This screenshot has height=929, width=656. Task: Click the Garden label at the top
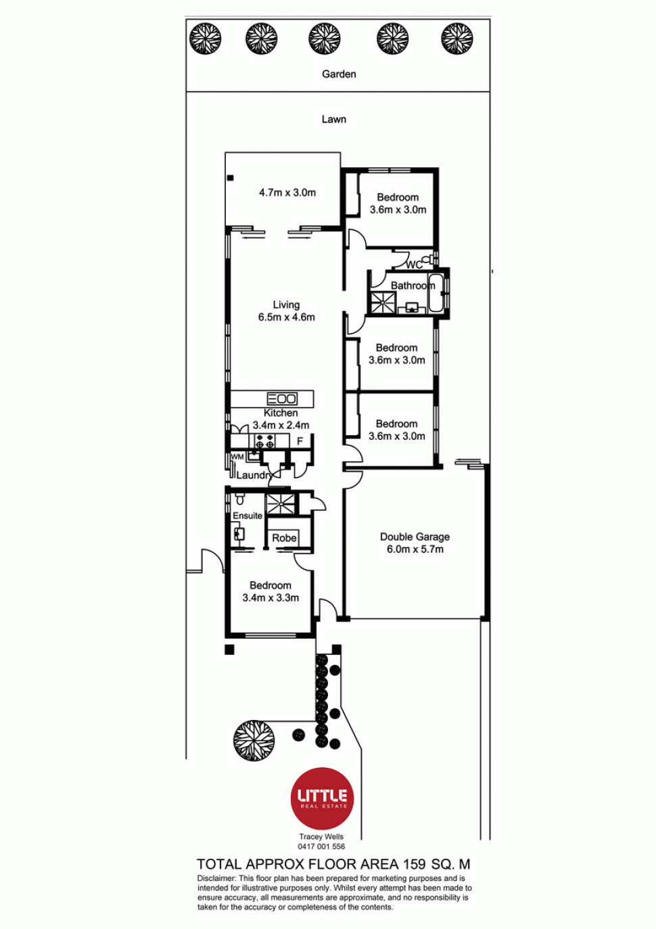coord(339,74)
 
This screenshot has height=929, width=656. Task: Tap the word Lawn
coord(333,120)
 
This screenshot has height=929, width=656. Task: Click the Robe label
coord(284,538)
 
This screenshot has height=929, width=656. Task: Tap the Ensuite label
coord(248,516)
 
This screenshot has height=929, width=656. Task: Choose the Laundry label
coord(254,475)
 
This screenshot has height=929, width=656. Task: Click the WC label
coord(414,264)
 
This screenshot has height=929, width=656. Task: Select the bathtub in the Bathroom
coord(436,293)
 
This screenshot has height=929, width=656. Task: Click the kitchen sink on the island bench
coord(282,399)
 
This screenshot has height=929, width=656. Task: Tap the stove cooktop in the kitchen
coord(265,441)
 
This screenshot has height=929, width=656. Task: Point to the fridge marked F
coord(300,441)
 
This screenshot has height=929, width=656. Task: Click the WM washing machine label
coord(237,457)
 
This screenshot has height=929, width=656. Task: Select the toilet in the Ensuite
coord(239,499)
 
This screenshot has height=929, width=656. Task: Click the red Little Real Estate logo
coord(322,798)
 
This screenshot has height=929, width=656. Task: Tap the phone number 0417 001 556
coord(321,846)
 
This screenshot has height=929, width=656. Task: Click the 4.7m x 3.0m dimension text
coord(287,192)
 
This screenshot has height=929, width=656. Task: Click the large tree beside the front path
coord(254,740)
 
